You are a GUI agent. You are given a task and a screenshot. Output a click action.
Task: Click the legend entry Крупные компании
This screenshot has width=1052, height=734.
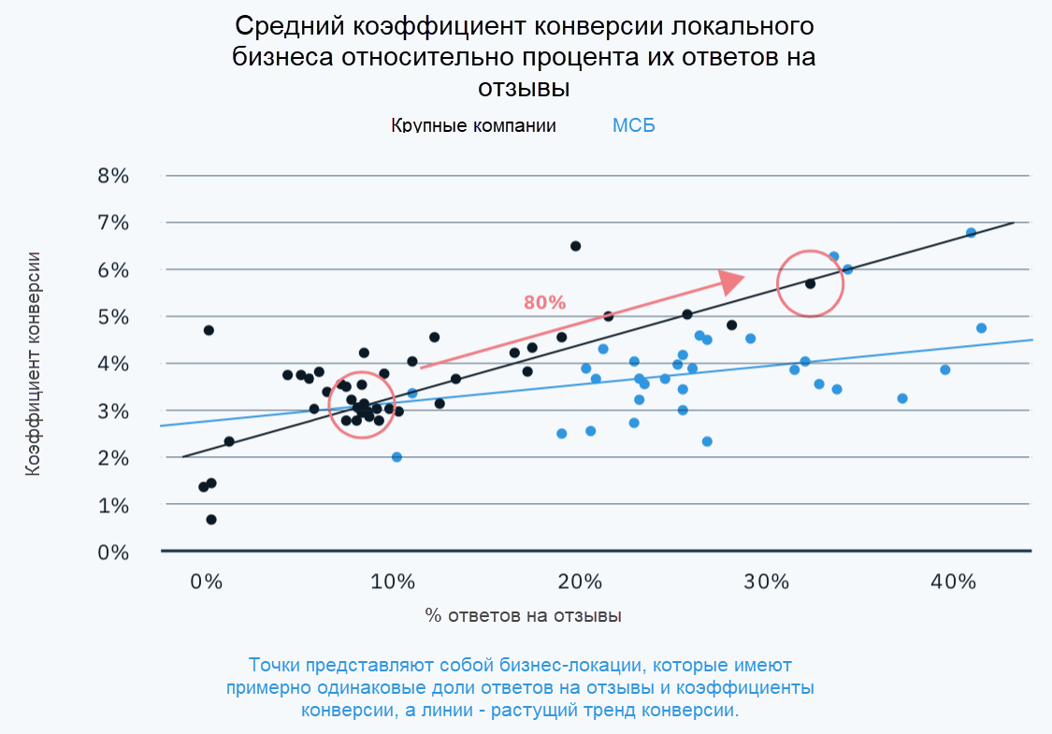point(473,125)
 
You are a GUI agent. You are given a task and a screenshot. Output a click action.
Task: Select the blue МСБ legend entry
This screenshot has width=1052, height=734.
point(633,125)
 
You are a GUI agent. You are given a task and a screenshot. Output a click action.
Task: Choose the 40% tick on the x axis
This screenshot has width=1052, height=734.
point(954,581)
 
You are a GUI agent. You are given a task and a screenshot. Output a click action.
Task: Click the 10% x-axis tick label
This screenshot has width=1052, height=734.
point(393,581)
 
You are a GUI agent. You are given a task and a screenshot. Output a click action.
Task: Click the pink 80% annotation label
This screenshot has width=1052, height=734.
point(544,303)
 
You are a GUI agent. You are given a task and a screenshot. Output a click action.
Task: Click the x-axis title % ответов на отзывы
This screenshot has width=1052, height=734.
point(523,616)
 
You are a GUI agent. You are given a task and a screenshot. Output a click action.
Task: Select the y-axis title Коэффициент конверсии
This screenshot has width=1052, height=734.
point(34,364)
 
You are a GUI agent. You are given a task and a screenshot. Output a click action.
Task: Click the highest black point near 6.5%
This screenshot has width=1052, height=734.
point(575,246)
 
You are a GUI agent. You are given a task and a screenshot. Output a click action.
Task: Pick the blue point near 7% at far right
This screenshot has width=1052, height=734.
point(971,233)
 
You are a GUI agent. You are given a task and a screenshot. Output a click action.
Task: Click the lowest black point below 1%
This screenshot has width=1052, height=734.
point(211,520)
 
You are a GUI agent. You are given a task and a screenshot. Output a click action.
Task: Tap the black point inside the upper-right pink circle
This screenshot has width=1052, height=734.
point(810,283)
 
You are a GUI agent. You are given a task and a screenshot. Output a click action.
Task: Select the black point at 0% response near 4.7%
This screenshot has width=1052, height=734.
point(209,330)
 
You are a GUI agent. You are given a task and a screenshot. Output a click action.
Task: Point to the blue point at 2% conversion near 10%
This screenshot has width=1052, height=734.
point(396,457)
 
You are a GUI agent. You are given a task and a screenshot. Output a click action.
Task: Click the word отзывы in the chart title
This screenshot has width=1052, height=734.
point(524,88)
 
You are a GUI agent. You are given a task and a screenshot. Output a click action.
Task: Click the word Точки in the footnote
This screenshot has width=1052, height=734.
point(277,666)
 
